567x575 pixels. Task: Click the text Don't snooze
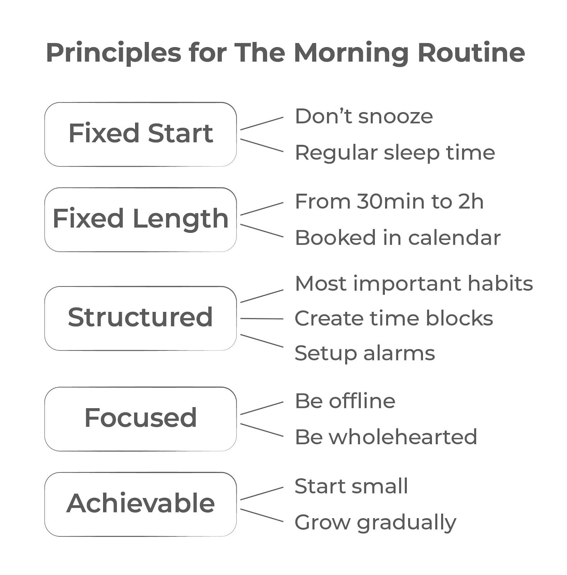(x=364, y=116)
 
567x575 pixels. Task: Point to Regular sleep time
(x=395, y=152)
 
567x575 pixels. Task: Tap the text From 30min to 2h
(x=389, y=202)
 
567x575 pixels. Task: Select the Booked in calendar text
(x=398, y=238)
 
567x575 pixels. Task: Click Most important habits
(x=414, y=284)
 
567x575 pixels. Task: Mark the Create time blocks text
(x=394, y=318)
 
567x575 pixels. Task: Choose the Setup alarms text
(x=365, y=353)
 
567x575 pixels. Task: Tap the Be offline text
(x=345, y=401)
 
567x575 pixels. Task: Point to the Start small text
(x=351, y=486)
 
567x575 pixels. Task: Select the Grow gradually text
(x=375, y=523)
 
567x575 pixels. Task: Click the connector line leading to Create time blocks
(x=262, y=318)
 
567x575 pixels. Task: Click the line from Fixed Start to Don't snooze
(x=262, y=123)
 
